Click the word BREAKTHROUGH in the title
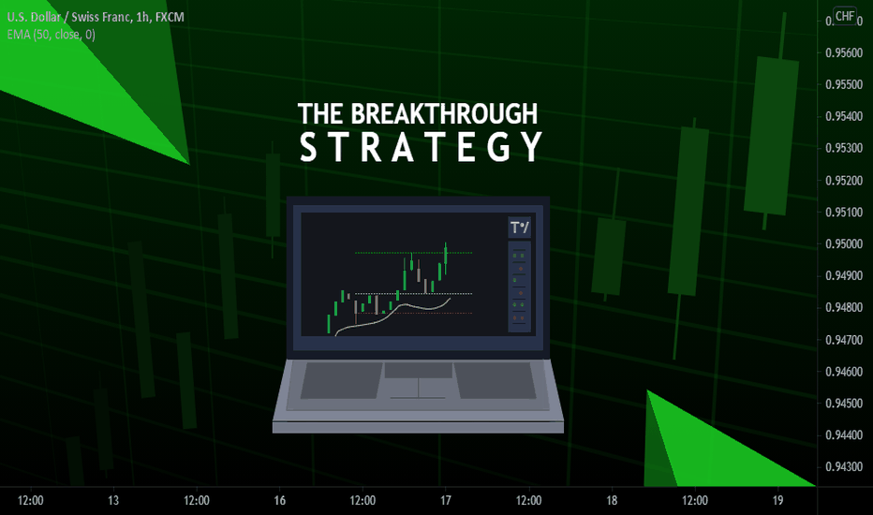point(444,113)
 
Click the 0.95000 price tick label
point(843,243)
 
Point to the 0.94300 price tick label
point(843,466)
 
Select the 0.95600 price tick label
point(843,52)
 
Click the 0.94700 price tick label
point(843,340)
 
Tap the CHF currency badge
point(845,16)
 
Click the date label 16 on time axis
point(279,501)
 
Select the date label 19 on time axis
point(777,501)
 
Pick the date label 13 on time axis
point(113,501)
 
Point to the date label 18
point(612,501)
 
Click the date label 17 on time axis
point(446,501)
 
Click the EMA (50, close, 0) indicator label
point(52,35)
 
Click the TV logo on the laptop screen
point(520,228)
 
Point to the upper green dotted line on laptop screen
point(414,253)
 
